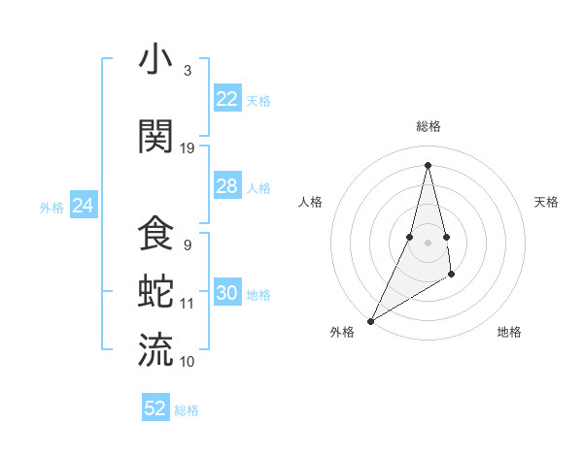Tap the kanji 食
point(155,234)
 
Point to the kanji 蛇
point(155,291)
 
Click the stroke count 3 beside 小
point(188,71)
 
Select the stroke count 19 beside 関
point(188,148)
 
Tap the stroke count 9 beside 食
point(188,246)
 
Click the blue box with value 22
point(227,99)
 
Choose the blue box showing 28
point(227,186)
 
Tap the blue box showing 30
point(227,294)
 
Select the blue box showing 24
point(84,206)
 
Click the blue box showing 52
point(155,408)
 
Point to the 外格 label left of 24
point(51,207)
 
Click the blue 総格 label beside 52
point(187,410)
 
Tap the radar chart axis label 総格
point(428,126)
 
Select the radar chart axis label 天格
point(546,202)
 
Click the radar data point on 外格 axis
point(370,320)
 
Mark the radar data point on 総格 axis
point(428,165)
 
